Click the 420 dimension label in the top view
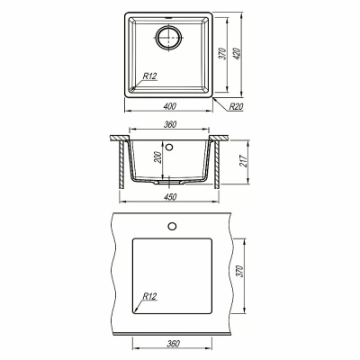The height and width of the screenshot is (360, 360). pyautogui.click(x=237, y=54)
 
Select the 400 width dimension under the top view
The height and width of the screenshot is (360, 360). pyautogui.click(x=170, y=106)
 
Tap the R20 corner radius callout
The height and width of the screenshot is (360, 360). pyautogui.click(x=236, y=106)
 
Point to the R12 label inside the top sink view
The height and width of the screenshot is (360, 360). pyautogui.click(x=149, y=76)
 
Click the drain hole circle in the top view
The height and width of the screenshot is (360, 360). pyautogui.click(x=169, y=38)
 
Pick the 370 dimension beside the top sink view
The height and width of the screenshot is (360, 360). pyautogui.click(x=222, y=54)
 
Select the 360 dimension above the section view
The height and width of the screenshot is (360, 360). pyautogui.click(x=170, y=124)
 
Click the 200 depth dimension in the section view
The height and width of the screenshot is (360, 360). pyautogui.click(x=158, y=157)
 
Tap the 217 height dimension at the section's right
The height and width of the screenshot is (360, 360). pyautogui.click(x=243, y=161)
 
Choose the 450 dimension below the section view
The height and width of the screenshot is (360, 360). pyautogui.click(x=170, y=197)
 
